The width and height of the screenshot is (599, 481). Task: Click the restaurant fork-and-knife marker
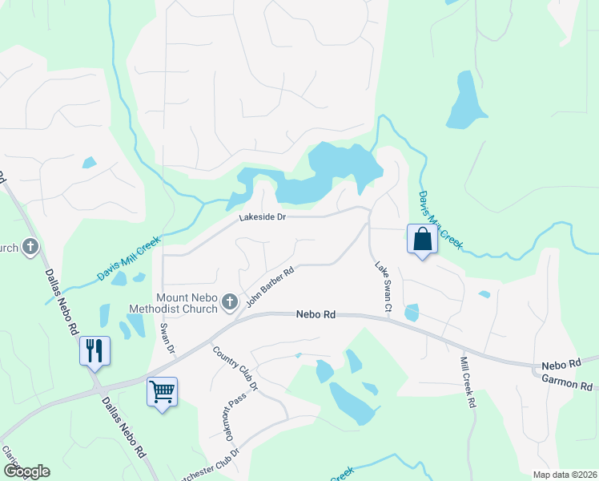tap(94, 350)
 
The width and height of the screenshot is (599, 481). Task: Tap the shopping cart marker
tap(162, 392)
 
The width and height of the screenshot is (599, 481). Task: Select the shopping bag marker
tap(422, 238)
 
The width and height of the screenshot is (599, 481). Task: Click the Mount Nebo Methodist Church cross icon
tap(230, 301)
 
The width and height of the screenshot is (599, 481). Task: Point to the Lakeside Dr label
tap(262, 217)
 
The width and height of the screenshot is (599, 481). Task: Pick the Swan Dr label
tap(167, 338)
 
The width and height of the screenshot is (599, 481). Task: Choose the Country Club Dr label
tap(236, 367)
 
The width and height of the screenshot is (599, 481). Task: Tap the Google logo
tap(26, 471)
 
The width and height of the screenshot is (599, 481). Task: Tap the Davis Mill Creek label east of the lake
tap(440, 219)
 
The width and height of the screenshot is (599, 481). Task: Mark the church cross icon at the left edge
tap(30, 247)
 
